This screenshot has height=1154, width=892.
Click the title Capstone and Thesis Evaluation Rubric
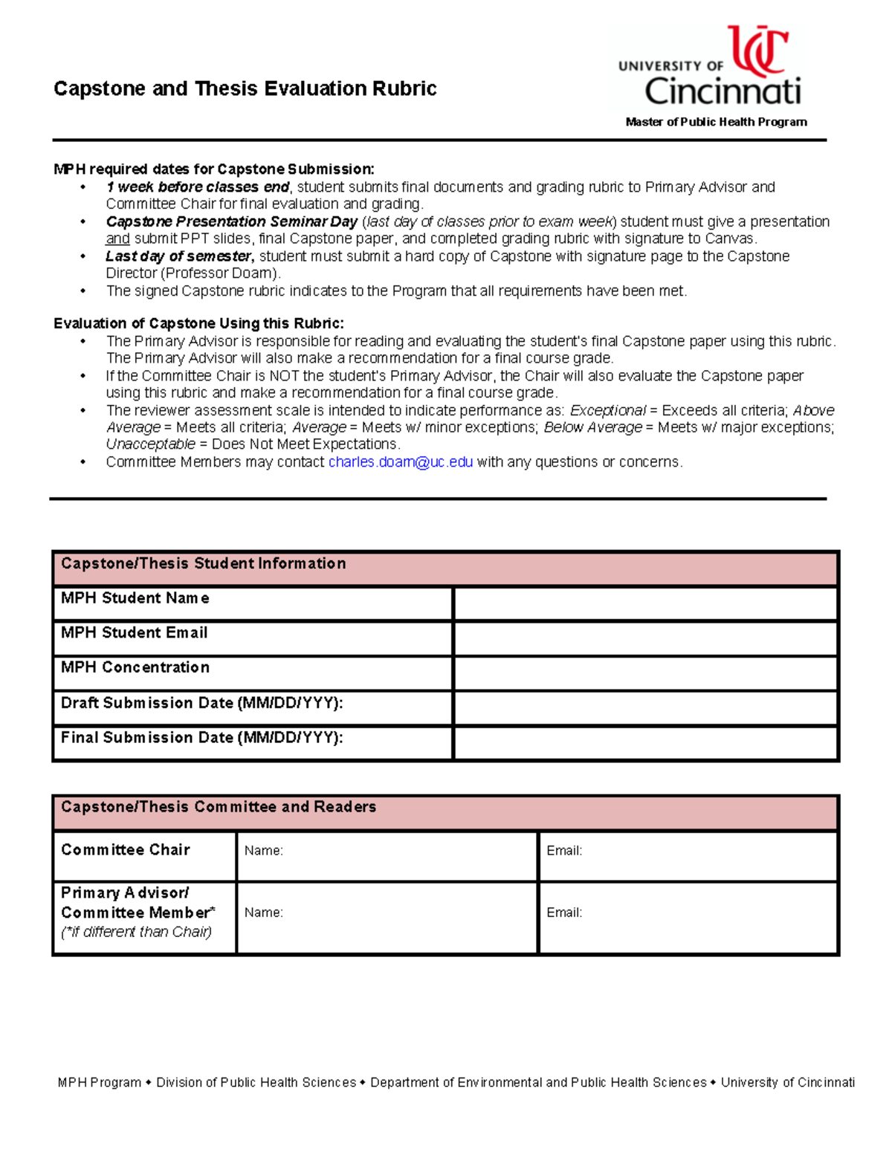click(x=245, y=88)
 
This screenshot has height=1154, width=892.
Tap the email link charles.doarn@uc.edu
click(x=400, y=462)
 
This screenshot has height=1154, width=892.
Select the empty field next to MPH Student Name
click(x=645, y=603)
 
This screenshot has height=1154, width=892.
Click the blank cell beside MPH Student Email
click(x=645, y=638)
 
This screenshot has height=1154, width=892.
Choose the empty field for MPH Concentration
click(x=645, y=673)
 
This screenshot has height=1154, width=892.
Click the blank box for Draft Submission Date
click(x=645, y=708)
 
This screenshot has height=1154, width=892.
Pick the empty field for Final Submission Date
click(x=645, y=743)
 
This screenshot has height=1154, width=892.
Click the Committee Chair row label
click(x=126, y=849)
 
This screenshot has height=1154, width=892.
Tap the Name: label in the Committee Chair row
click(x=263, y=851)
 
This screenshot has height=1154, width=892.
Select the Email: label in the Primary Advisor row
click(x=564, y=912)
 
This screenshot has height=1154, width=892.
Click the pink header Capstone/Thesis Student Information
click(x=203, y=563)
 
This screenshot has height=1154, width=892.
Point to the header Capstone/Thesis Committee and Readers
click(x=219, y=807)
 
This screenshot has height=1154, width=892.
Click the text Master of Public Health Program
click(x=716, y=122)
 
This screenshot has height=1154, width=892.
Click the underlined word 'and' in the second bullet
click(x=117, y=239)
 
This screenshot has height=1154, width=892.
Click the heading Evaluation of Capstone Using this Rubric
click(x=198, y=323)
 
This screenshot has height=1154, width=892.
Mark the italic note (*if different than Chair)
click(x=136, y=932)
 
